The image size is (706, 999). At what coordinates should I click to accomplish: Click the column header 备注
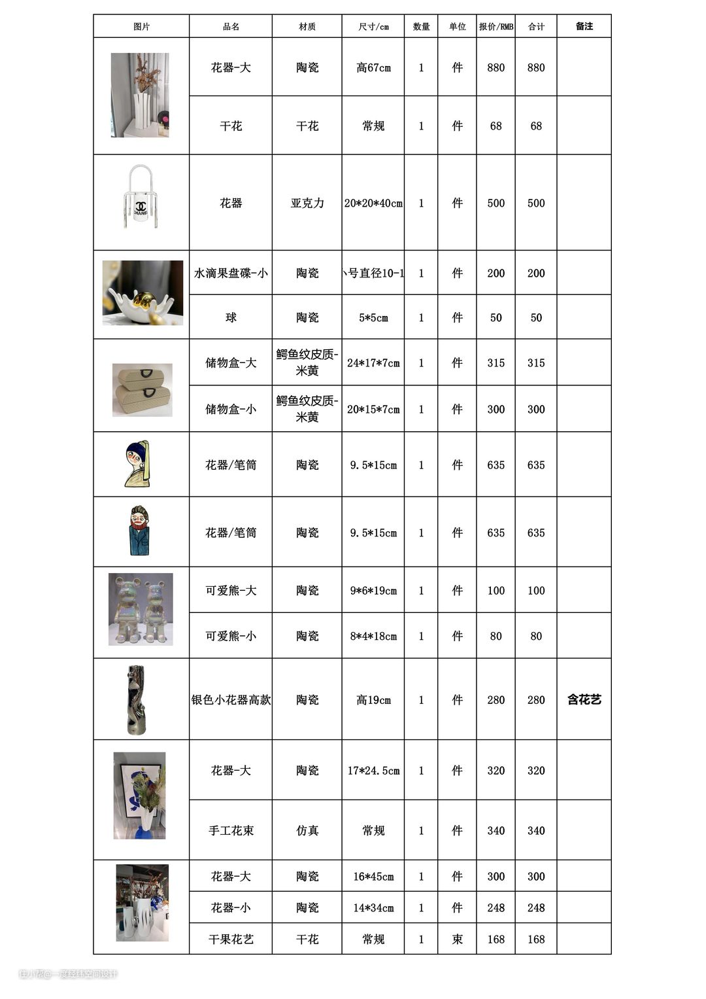click(x=584, y=26)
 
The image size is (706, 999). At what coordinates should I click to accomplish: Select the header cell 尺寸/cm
click(x=373, y=27)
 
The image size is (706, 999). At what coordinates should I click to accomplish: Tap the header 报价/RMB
click(x=496, y=27)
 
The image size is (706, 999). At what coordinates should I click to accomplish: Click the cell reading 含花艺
click(x=584, y=699)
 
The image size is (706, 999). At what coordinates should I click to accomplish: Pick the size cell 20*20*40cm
click(x=373, y=203)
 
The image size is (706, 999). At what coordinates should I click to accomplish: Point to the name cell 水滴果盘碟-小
click(x=230, y=273)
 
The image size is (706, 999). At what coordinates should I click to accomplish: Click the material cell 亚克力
click(x=307, y=203)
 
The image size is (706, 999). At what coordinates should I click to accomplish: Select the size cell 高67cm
click(x=373, y=67)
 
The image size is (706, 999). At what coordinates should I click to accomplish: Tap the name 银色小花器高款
click(x=230, y=699)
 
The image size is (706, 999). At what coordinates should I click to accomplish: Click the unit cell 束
click(x=457, y=939)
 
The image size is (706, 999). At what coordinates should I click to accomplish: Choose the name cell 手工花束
click(x=230, y=830)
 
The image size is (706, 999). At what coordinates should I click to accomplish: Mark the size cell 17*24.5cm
click(x=373, y=771)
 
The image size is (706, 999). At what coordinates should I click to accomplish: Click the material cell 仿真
click(x=307, y=830)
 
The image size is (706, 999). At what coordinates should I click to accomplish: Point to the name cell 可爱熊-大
click(x=230, y=590)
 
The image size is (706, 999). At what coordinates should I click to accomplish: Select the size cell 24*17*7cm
click(x=373, y=362)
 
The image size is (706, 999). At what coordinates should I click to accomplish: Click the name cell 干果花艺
click(x=230, y=939)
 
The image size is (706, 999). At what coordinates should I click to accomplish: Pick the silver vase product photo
click(x=137, y=699)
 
